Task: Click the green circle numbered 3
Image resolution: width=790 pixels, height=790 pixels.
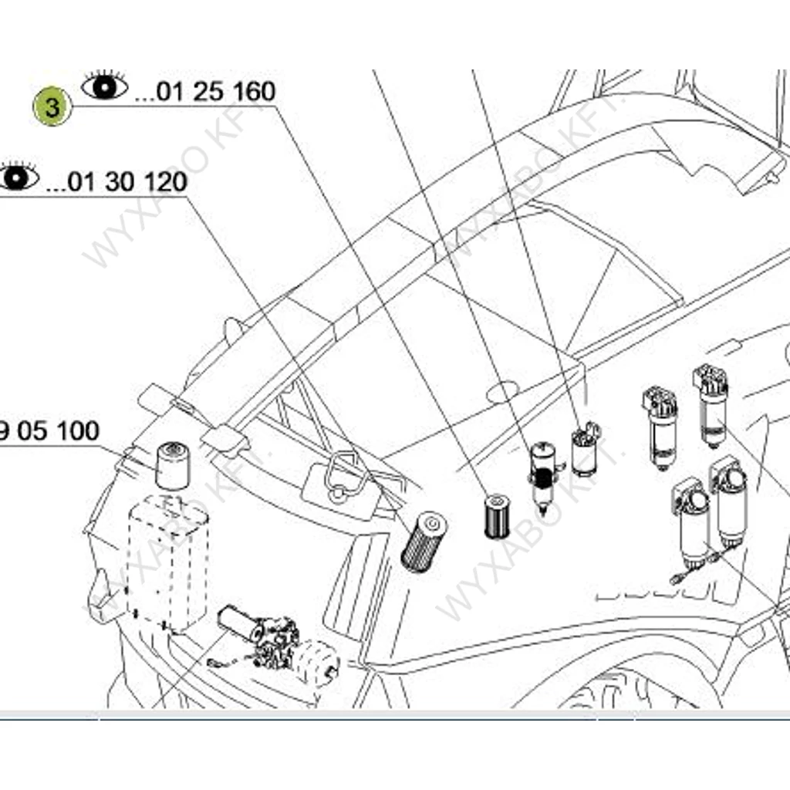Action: click(x=52, y=107)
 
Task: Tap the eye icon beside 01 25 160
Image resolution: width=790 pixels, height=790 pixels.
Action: click(x=105, y=86)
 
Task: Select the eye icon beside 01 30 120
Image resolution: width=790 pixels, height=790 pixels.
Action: click(x=17, y=177)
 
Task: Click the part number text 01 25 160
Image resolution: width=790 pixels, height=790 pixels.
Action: click(x=215, y=92)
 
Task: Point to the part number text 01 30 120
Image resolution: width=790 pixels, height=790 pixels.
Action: click(x=127, y=182)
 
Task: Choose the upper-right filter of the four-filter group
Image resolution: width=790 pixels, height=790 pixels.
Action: click(x=711, y=405)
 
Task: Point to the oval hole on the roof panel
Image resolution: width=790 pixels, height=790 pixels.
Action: click(x=503, y=393)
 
